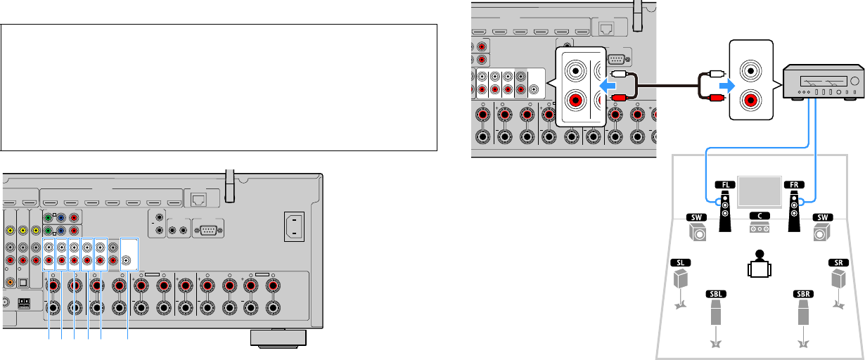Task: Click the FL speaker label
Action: [x=727, y=184]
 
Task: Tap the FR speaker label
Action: [x=793, y=184]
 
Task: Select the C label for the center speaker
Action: [x=759, y=217]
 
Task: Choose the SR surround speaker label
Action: [x=838, y=262]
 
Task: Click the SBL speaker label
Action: [x=716, y=293]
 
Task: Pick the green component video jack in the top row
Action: [x=48, y=216]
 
